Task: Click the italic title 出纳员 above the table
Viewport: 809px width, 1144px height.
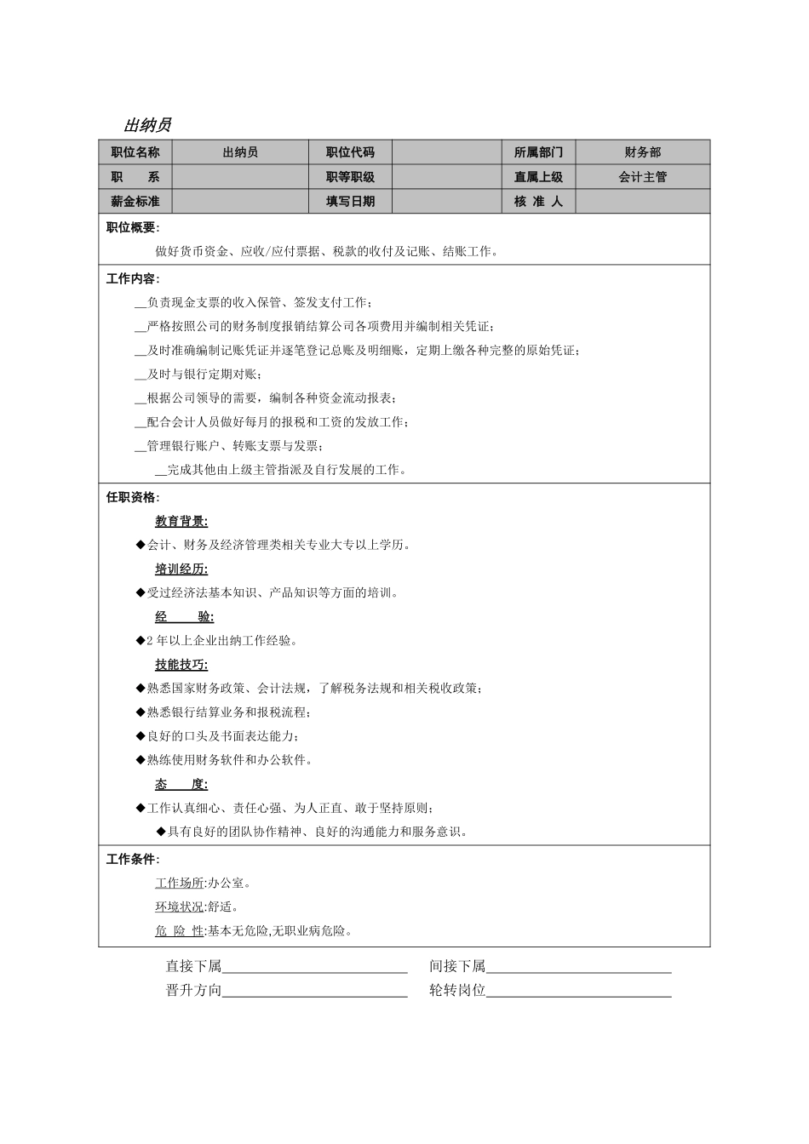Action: pyautogui.click(x=147, y=125)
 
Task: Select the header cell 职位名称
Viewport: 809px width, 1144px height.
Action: pyautogui.click(x=135, y=152)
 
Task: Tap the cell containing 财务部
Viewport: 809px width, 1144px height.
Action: pyautogui.click(x=642, y=152)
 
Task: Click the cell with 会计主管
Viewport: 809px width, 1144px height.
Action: pyautogui.click(x=642, y=177)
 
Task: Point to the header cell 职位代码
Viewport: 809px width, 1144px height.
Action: pyautogui.click(x=350, y=152)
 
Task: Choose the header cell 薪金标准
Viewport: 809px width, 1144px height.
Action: pyautogui.click(x=135, y=202)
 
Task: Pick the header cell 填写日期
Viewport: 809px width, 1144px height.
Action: pyautogui.click(x=350, y=202)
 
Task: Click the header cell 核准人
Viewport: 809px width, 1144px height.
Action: pyautogui.click(x=538, y=202)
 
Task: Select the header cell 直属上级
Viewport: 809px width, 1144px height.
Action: pyautogui.click(x=538, y=177)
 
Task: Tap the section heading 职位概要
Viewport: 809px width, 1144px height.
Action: pyautogui.click(x=132, y=227)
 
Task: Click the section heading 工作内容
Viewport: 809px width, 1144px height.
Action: pyautogui.click(x=132, y=278)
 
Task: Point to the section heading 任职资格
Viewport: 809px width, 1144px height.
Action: pyautogui.click(x=132, y=497)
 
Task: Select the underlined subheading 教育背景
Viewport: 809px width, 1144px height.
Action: pyautogui.click(x=181, y=521)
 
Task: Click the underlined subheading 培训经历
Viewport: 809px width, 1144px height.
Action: pyautogui.click(x=181, y=569)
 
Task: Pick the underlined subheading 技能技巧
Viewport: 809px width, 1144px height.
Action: pyautogui.click(x=181, y=665)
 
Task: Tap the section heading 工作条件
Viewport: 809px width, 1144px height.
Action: pyautogui.click(x=132, y=859)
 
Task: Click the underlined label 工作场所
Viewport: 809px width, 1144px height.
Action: pyautogui.click(x=180, y=883)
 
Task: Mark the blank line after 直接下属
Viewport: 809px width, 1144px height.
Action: pyautogui.click(x=314, y=969)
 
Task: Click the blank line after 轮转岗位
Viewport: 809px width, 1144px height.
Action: pyautogui.click(x=578, y=992)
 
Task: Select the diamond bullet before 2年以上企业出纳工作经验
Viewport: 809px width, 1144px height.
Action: pyautogui.click(x=141, y=641)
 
